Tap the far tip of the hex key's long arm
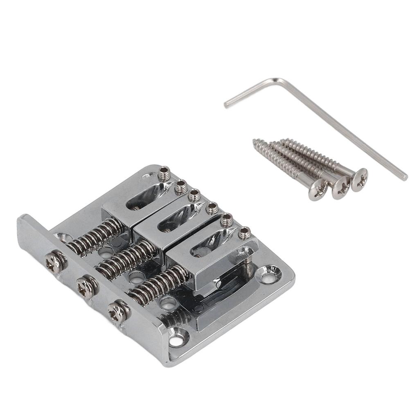click(405, 177)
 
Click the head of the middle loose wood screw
click(341, 187)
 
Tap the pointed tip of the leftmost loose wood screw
click(255, 141)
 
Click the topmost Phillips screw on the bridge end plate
click(54, 261)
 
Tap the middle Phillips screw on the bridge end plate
click(86, 286)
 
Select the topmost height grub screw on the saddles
click(164, 174)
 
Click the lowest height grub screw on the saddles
click(244, 233)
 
